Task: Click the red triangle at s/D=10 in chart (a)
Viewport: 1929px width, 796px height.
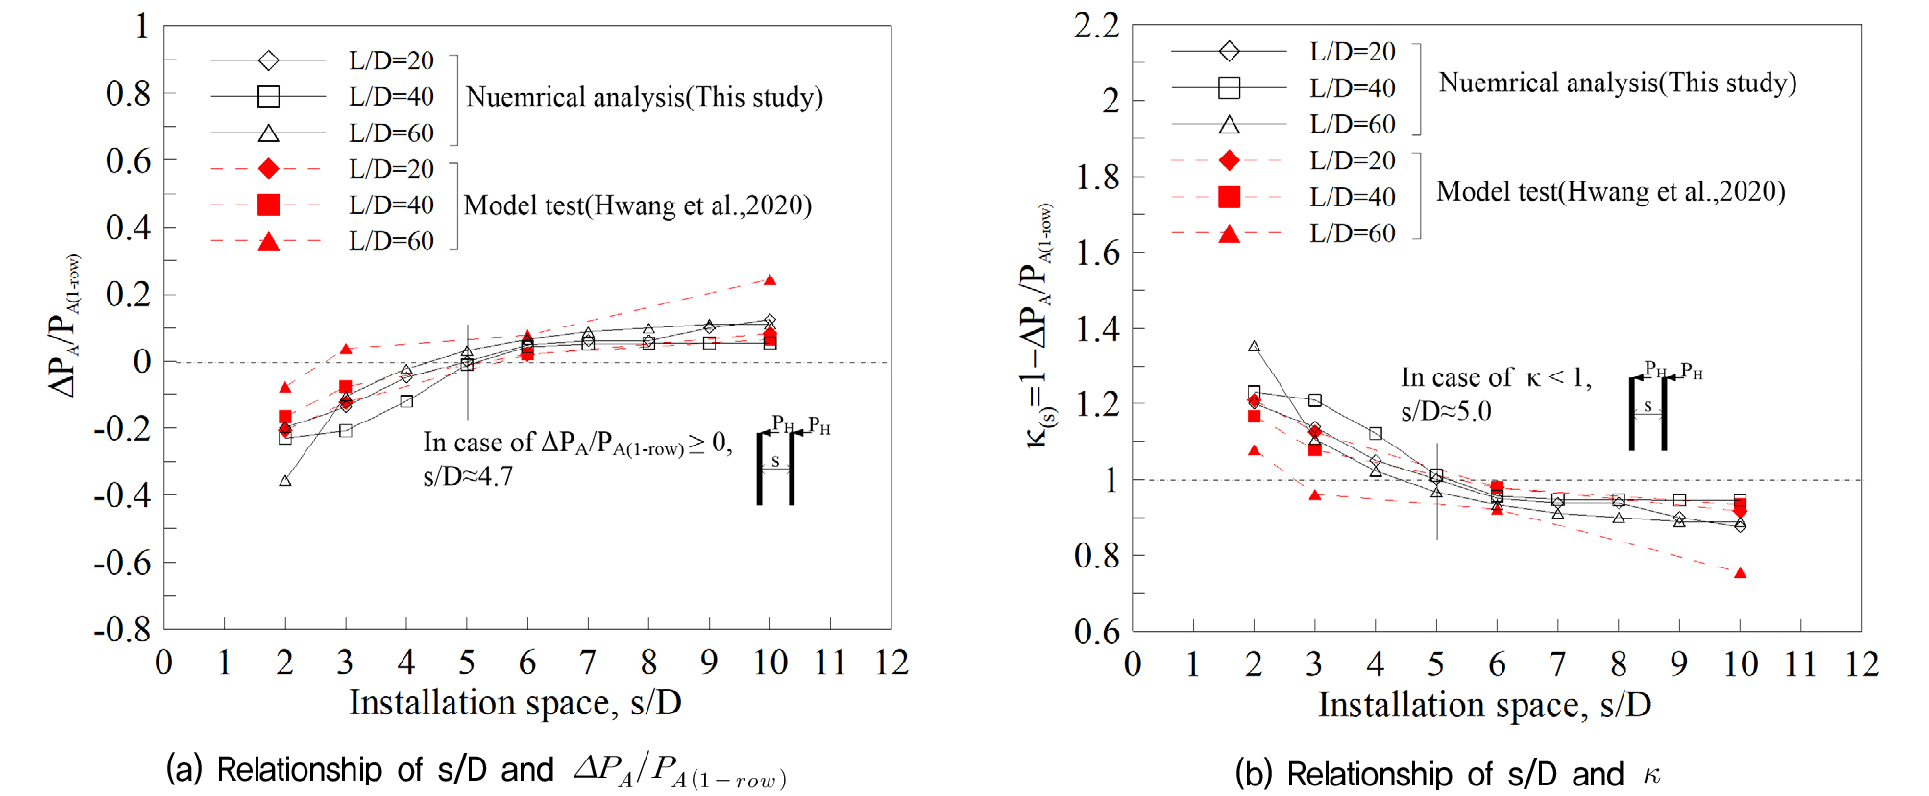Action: (x=769, y=280)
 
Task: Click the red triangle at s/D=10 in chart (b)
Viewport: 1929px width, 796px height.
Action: (x=1740, y=573)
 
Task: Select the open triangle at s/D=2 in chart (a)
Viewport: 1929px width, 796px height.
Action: (x=285, y=480)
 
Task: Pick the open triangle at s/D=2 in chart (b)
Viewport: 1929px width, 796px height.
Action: (x=1254, y=347)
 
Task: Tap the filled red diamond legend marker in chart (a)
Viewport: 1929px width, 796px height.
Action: (x=269, y=169)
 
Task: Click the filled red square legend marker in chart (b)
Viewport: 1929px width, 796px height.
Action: (x=1229, y=197)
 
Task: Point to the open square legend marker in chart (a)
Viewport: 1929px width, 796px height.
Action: (x=269, y=96)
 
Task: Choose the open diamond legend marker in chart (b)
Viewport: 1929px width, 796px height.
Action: (x=1229, y=51)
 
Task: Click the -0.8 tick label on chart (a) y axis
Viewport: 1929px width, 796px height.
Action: (x=122, y=630)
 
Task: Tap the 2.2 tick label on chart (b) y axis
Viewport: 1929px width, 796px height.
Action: (x=1096, y=26)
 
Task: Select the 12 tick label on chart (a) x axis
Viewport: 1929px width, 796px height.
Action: (x=891, y=663)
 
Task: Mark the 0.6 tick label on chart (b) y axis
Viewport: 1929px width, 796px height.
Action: (x=1096, y=632)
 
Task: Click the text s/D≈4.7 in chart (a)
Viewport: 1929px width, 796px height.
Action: (x=468, y=476)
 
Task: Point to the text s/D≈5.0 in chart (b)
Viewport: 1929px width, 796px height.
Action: (x=1446, y=412)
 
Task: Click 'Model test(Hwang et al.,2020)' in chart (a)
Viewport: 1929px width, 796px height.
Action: (x=638, y=205)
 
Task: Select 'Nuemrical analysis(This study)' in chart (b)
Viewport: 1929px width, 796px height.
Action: (x=1618, y=83)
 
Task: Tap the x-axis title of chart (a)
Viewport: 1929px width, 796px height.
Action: (x=515, y=703)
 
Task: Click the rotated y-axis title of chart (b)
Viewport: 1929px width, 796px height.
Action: (x=1038, y=326)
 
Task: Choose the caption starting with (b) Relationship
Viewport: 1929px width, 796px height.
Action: (x=1447, y=774)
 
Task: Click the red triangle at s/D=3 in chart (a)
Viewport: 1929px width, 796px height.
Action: (x=346, y=349)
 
